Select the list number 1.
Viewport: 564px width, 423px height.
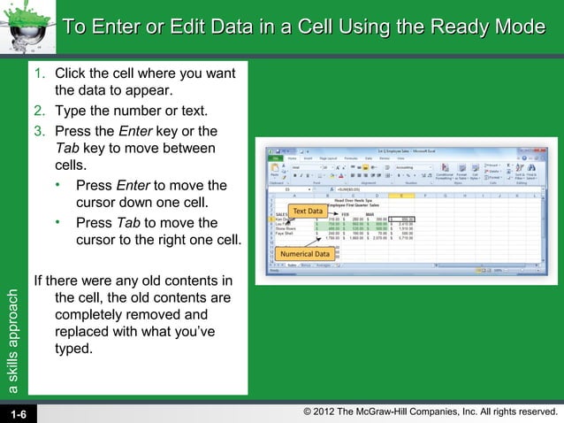[38, 73]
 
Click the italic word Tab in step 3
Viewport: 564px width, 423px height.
[66, 149]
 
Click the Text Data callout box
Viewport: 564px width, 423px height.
[308, 211]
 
